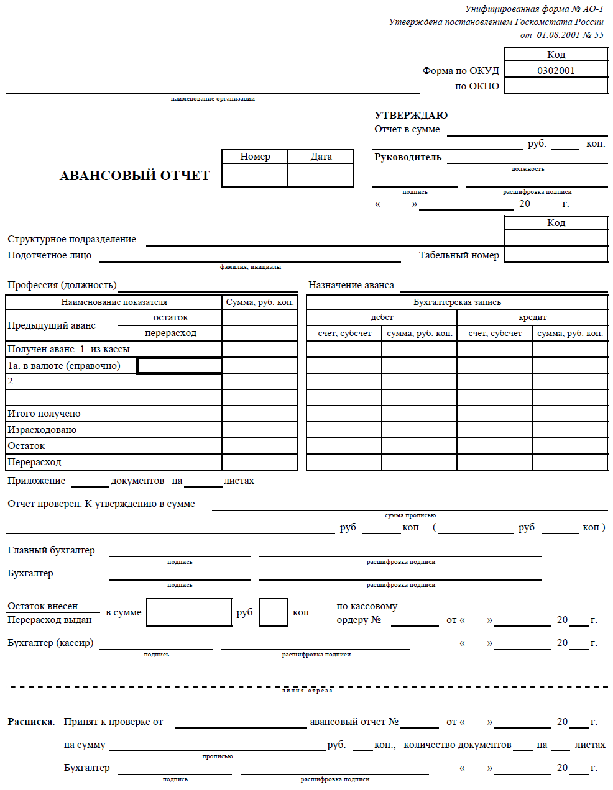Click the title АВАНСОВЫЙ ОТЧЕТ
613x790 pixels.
[x=134, y=176]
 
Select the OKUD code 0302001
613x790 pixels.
[x=556, y=70]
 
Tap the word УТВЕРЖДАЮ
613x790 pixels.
[x=411, y=115]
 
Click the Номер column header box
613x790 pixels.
[x=255, y=157]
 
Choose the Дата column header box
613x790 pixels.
[x=321, y=157]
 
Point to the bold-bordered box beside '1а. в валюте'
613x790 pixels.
[x=179, y=366]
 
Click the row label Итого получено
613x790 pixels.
[x=44, y=414]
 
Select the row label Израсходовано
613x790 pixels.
[x=42, y=430]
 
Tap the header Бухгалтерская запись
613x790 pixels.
[x=457, y=302]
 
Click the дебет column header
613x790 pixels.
[x=382, y=317]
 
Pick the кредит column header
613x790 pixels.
[x=532, y=317]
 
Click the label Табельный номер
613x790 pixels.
[x=459, y=255]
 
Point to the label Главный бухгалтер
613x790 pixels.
[x=51, y=550]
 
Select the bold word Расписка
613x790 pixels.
[x=31, y=722]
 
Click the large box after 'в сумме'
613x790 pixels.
[x=189, y=612]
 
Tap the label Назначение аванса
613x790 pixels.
[x=351, y=285]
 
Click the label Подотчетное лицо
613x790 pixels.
[x=50, y=255]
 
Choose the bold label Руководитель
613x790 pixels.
[x=408, y=157]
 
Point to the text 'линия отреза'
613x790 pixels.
[x=307, y=691]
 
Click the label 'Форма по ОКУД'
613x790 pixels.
[x=461, y=71]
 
